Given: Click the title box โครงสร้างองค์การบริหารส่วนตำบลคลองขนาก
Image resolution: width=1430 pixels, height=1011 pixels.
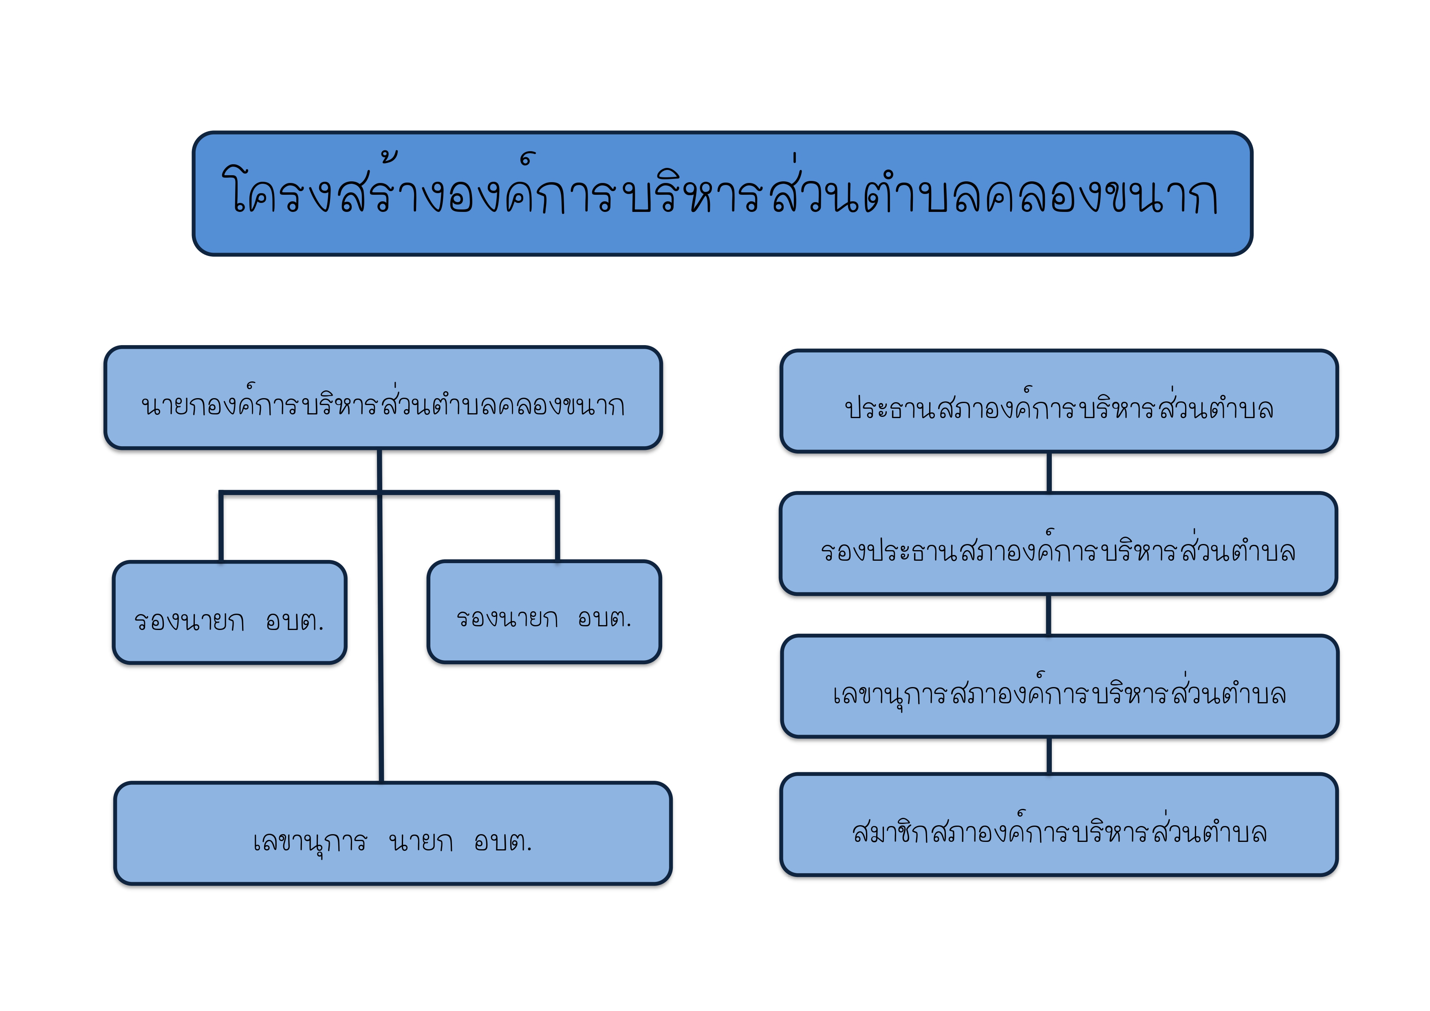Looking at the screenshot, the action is click(x=723, y=194).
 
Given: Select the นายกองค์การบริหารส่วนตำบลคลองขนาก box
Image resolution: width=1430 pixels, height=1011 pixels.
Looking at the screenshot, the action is click(x=383, y=397).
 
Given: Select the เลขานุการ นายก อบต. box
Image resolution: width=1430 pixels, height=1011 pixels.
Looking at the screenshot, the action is click(x=393, y=833).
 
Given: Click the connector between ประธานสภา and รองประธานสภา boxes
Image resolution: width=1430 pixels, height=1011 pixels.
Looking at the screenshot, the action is click(x=1049, y=473).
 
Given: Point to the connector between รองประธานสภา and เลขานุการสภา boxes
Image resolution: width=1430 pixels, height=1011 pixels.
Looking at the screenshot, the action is click(x=1049, y=615).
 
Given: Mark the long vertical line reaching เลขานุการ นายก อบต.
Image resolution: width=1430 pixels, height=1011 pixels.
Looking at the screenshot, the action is click(x=380, y=615).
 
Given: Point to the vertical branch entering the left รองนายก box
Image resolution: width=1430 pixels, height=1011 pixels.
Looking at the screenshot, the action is click(x=221, y=527).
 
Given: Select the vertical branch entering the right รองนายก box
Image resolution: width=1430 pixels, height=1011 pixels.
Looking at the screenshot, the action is click(x=557, y=526).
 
